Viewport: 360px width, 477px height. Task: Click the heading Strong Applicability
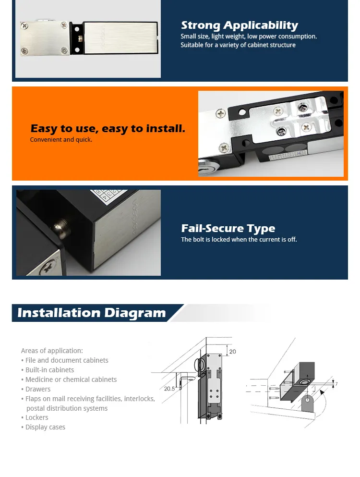pyautogui.click(x=239, y=25)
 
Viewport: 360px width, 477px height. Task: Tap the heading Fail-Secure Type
pyautogui.click(x=228, y=229)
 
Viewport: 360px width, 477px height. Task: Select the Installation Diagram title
pyautogui.click(x=91, y=313)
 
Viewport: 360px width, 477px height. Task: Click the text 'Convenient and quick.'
pyautogui.click(x=61, y=140)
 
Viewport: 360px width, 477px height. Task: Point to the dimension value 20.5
pyautogui.click(x=169, y=389)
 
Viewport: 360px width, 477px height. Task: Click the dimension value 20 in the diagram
pyautogui.click(x=232, y=352)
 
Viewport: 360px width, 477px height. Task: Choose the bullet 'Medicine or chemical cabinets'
pyautogui.click(x=71, y=379)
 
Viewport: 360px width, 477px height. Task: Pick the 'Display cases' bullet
pyautogui.click(x=45, y=427)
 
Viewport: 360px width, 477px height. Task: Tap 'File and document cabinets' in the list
pyautogui.click(x=67, y=360)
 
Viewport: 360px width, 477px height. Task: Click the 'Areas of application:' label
pyautogui.click(x=52, y=351)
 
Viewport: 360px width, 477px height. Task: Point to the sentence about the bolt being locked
pyautogui.click(x=239, y=240)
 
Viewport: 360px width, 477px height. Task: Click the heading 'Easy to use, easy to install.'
pyautogui.click(x=108, y=129)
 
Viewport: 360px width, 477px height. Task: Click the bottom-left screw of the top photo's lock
pyautogui.click(x=24, y=49)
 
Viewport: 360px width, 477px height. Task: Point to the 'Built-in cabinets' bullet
pyautogui.click(x=49, y=370)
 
